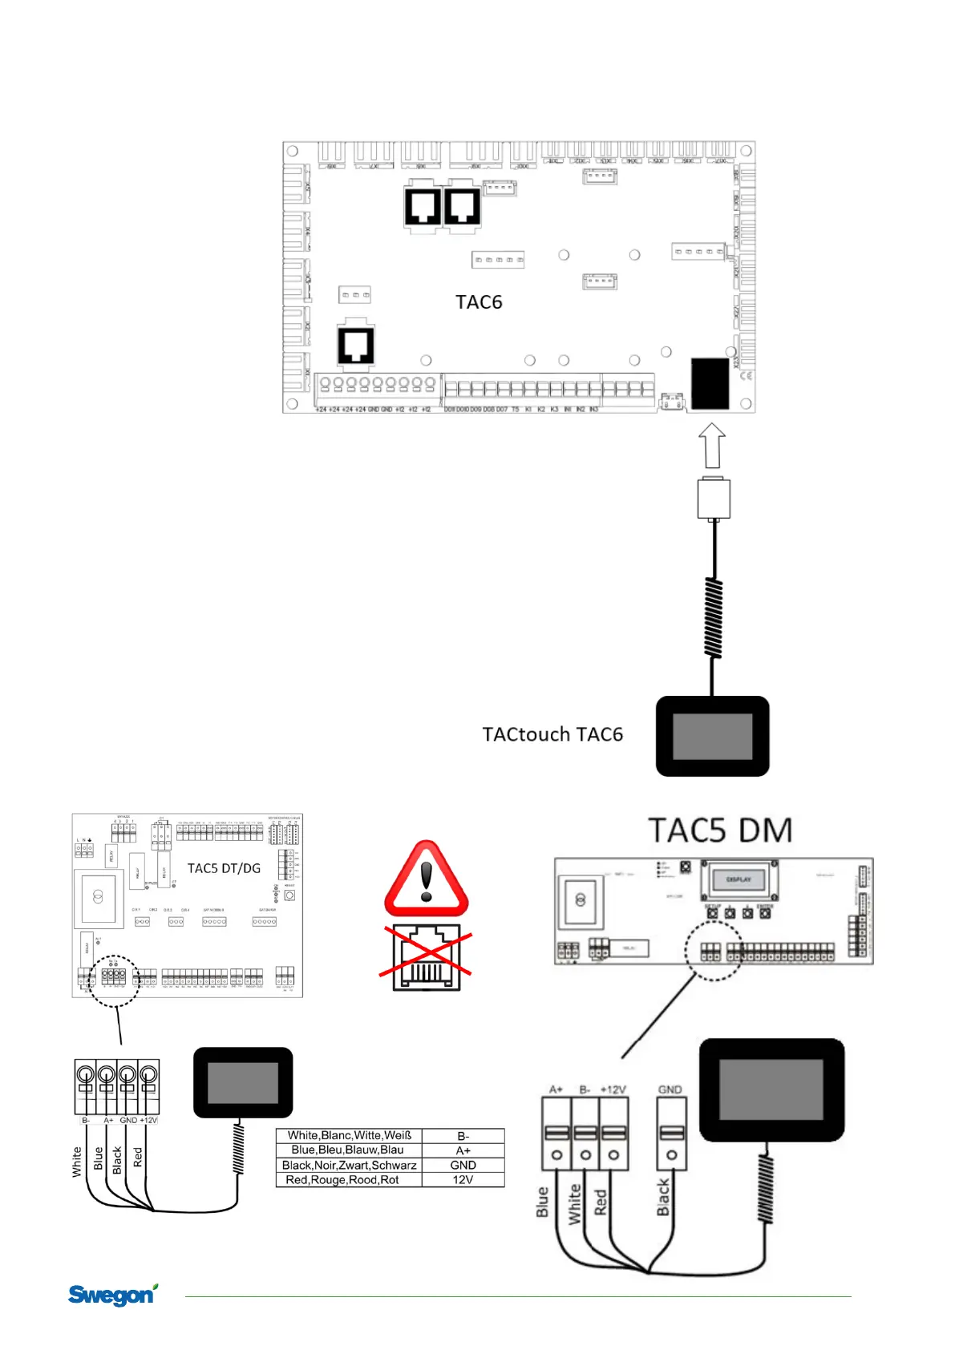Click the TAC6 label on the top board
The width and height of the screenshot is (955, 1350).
point(479,302)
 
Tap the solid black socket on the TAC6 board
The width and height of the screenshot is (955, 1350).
point(710,383)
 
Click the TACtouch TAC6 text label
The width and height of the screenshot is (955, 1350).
point(552,734)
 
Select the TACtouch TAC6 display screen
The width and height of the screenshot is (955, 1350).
point(712,736)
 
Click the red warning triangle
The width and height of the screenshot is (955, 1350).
point(427,881)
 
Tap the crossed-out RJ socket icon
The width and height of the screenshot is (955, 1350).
point(426,958)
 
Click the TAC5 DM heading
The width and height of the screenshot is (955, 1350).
point(720,831)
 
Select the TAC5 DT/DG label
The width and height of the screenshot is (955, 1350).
point(224,868)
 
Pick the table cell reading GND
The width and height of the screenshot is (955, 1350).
point(463,1165)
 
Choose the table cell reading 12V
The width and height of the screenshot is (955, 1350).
point(463,1180)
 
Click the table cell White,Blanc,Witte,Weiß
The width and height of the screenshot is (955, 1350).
point(349,1135)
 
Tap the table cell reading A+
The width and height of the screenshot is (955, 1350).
point(463,1150)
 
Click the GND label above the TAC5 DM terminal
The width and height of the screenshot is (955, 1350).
point(670,1089)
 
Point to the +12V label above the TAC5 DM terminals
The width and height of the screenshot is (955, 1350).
point(613,1089)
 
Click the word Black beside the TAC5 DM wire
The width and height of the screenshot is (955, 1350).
point(663,1197)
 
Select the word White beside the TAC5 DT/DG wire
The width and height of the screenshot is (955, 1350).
point(77,1162)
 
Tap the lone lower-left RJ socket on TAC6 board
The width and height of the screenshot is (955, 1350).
point(356,345)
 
